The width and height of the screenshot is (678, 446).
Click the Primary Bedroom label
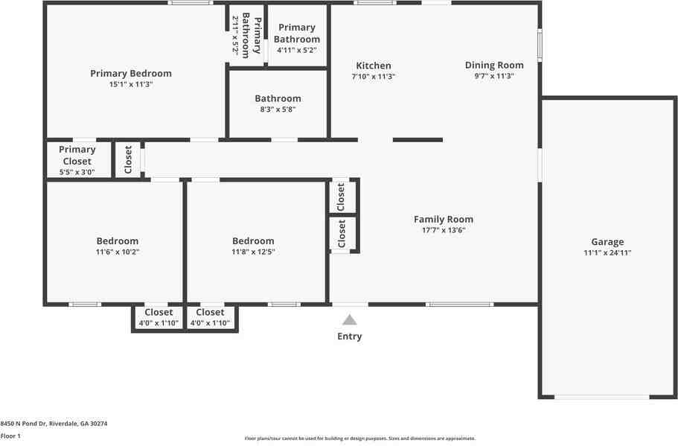[x=131, y=73]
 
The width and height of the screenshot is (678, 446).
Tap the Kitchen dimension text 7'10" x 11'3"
[x=374, y=77]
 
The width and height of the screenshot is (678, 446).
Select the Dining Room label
[x=494, y=65]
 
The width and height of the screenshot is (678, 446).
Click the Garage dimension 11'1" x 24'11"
[x=607, y=253]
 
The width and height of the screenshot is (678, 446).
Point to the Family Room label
[x=444, y=219]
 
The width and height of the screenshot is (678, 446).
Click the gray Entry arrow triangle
[x=350, y=320]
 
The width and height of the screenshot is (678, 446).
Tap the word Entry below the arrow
[x=350, y=337]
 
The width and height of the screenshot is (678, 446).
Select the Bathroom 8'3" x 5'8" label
[x=278, y=98]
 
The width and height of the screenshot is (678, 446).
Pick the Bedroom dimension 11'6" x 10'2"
[x=118, y=252]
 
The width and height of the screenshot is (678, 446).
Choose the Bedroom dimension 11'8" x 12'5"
[x=253, y=252]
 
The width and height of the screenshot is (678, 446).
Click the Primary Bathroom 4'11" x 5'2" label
[x=297, y=34]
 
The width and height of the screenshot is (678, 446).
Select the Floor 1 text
[x=10, y=436]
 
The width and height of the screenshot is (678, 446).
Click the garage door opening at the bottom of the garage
[x=601, y=397]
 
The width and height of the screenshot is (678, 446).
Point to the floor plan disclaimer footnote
[x=359, y=439]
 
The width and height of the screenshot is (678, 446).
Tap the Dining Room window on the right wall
[x=540, y=45]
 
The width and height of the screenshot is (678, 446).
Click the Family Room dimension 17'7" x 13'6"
[x=444, y=231]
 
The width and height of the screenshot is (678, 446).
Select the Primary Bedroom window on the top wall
[x=191, y=3]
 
